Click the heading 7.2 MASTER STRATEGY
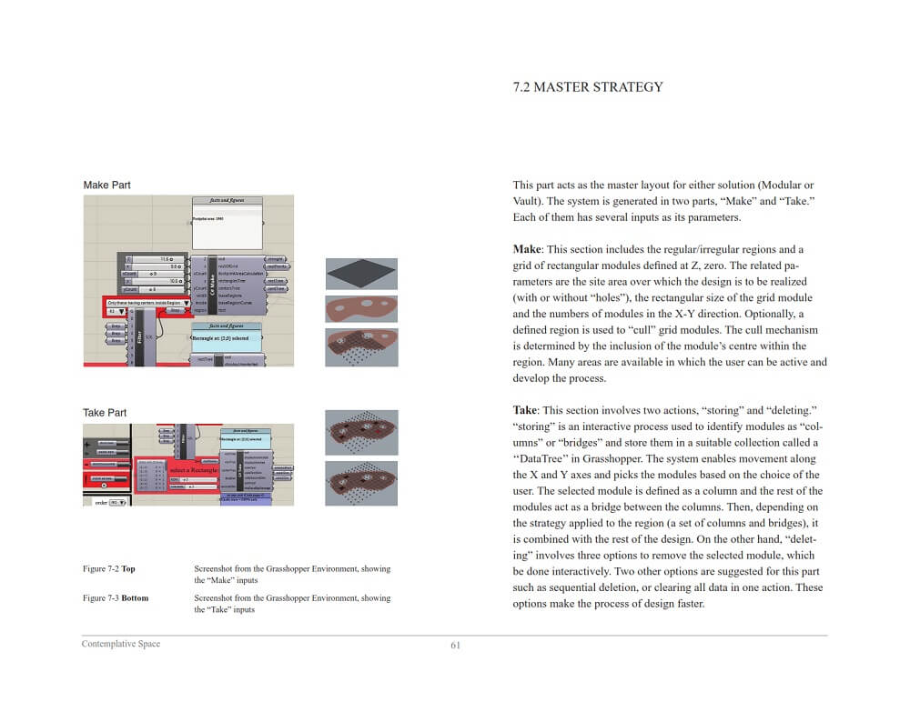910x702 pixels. (588, 87)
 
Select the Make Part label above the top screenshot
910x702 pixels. (106, 186)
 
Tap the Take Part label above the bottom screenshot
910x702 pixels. (105, 413)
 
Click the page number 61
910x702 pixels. (456, 646)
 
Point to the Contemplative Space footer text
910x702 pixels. (121, 645)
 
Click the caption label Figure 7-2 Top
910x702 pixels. (108, 569)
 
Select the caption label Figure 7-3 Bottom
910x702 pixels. (115, 598)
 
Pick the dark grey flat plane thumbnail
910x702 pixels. (361, 274)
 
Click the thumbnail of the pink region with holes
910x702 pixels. (361, 308)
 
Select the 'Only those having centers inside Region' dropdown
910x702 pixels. (147, 302)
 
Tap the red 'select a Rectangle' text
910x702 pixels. (189, 470)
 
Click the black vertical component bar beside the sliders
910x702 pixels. (212, 284)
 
